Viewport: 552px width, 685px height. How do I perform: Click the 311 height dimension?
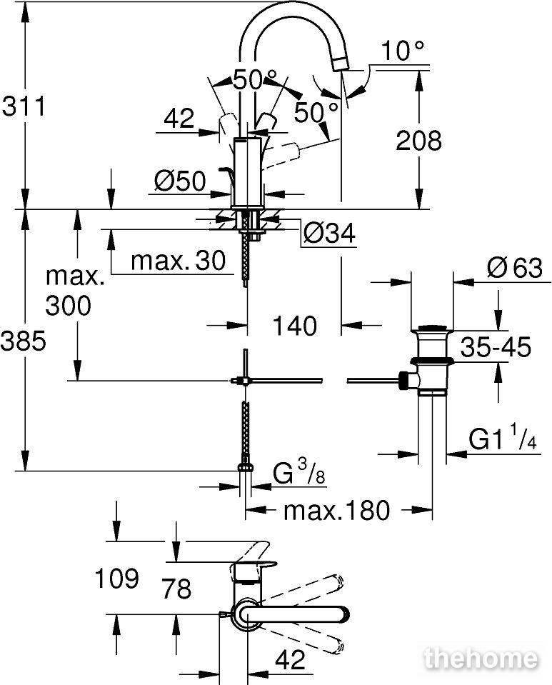[24, 106]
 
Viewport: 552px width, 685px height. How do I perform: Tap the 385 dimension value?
[23, 341]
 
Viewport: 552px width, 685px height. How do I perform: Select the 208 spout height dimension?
[418, 141]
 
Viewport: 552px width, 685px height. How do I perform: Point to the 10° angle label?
[403, 51]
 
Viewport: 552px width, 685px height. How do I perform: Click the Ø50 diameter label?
[180, 181]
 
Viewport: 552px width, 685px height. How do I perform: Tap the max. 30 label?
[179, 261]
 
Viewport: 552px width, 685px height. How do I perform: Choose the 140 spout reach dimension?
[294, 326]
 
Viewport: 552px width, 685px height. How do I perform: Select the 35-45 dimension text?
[496, 347]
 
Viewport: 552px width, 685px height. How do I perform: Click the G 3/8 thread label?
[299, 472]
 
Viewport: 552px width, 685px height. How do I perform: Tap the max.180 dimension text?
[336, 510]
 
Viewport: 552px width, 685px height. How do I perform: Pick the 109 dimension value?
[117, 579]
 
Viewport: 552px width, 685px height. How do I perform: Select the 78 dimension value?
[176, 588]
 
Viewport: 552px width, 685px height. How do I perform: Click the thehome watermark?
[481, 658]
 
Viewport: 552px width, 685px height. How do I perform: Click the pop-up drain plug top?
[433, 327]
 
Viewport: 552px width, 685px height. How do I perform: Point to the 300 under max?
[68, 306]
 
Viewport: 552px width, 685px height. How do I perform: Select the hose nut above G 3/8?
[246, 466]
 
